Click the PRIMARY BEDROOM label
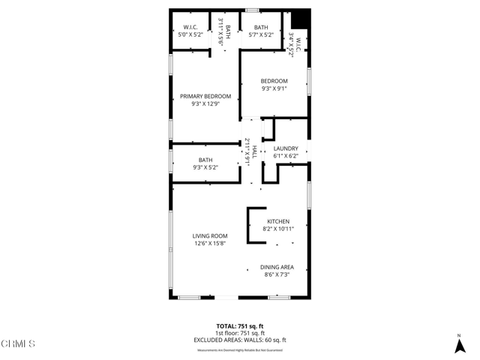pos(205,96)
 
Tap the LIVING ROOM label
pos(209,235)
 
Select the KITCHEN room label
pos(277,221)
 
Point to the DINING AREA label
pos(277,267)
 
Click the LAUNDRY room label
pos(286,148)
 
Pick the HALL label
pos(254,151)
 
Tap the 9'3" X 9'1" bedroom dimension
pos(274,88)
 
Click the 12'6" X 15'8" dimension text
pos(209,243)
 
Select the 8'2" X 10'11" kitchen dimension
pos(277,229)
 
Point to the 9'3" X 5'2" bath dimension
pos(205,167)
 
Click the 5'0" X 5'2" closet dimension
pos(190,34)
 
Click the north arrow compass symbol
pos(459,344)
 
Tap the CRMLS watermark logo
pos(18,344)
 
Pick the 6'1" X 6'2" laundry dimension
pos(286,156)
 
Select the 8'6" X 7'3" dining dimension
pos(277,274)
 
